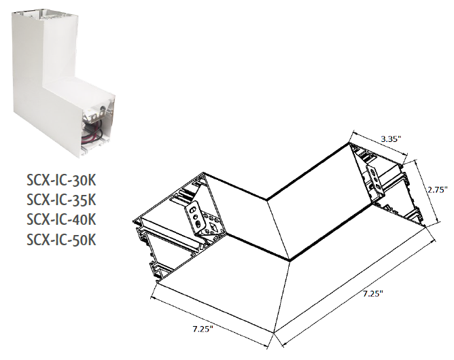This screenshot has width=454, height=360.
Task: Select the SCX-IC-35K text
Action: (x=60, y=200)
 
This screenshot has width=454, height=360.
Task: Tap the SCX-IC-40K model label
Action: (x=60, y=219)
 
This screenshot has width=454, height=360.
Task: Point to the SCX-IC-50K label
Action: (x=60, y=239)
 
